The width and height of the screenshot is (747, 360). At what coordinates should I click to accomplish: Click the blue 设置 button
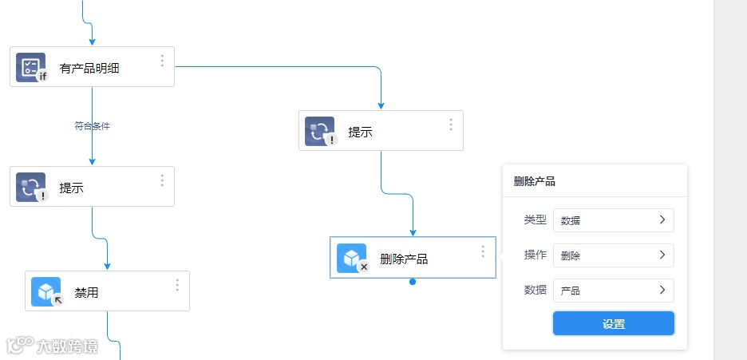pos(613,323)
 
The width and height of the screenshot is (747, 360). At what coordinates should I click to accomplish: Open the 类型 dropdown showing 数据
pos(613,220)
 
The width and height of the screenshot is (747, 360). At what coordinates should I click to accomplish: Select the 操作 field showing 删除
pos(613,255)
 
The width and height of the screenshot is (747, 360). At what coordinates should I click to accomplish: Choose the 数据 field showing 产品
pos(613,291)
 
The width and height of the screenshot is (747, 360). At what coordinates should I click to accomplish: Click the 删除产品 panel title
pos(535,181)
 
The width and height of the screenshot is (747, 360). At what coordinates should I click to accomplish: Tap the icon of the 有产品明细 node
pos(31,67)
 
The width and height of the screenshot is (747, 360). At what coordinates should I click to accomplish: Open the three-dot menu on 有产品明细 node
pos(162,61)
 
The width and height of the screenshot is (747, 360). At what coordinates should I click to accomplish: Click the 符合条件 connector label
pos(92,126)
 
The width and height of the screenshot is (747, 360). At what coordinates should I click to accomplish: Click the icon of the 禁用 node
pos(46,291)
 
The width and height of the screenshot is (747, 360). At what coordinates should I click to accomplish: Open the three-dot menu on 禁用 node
pos(177,284)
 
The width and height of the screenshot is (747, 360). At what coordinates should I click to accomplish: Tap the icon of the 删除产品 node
pos(352,258)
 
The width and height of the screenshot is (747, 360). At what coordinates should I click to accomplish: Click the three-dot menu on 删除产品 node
pos(483,251)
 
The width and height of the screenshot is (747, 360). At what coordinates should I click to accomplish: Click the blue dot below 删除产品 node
pos(413,282)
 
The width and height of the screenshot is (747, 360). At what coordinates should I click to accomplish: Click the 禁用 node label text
pos(86,293)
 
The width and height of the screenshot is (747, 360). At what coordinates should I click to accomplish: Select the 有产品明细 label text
pos(89,69)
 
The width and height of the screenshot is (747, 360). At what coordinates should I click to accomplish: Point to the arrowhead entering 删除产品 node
pos(413,232)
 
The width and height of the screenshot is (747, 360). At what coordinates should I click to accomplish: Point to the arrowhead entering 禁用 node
pos(107,266)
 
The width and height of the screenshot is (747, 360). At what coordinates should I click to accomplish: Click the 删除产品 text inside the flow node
pos(404,259)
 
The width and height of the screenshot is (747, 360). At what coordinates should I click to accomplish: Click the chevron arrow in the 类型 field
pos(662,220)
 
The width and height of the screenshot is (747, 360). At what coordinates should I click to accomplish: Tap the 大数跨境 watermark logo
pos(52,346)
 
